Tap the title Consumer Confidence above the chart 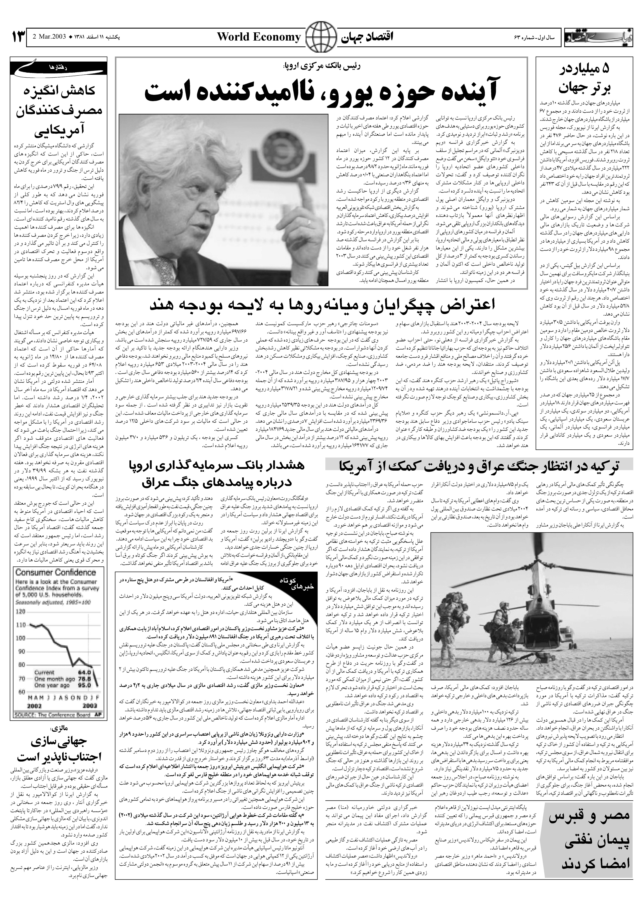[x=56, y=572]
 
